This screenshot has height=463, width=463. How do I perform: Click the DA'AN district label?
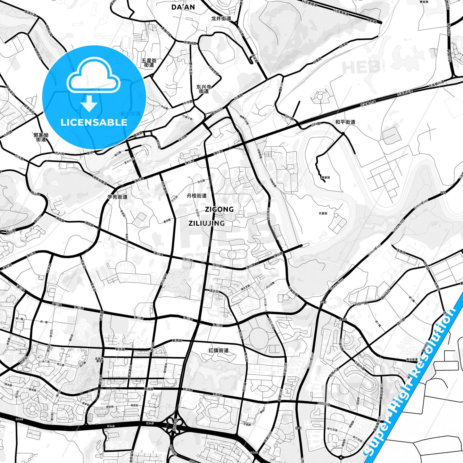183,7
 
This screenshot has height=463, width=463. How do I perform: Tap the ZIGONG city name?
219,210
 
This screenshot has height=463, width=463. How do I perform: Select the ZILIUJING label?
206,223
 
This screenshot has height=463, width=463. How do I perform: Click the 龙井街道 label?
221,19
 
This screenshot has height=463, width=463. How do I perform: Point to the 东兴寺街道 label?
204,89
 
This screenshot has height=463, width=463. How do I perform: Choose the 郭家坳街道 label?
41,137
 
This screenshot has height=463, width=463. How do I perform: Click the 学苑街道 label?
117,197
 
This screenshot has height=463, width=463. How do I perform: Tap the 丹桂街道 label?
197,195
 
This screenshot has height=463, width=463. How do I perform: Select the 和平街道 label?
345,122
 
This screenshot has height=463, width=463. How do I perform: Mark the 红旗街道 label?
219,350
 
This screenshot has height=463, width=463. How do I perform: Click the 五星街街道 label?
149,62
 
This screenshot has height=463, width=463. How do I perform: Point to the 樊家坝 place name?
326,177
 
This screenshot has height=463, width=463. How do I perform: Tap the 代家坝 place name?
323,213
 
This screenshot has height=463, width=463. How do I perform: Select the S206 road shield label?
343,319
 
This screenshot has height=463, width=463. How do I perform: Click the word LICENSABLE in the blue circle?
94,122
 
